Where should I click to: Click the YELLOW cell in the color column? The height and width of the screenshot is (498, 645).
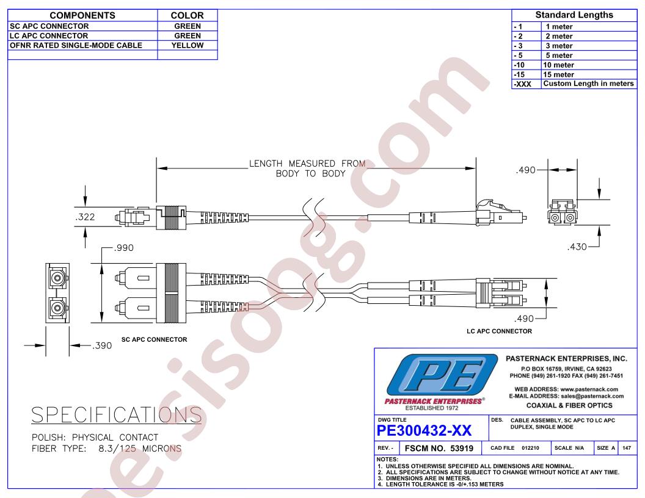[x=187, y=45]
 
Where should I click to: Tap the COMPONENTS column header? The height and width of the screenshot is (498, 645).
[x=82, y=16]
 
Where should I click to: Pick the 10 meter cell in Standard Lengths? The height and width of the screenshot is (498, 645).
[x=558, y=65]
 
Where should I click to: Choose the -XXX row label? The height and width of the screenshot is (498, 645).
[x=522, y=84]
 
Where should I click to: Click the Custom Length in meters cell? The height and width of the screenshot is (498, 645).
[x=588, y=84]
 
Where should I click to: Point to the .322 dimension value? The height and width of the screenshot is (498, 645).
[x=85, y=217]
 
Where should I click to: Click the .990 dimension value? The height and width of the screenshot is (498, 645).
[x=124, y=248]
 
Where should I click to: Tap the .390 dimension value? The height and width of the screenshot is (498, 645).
[x=101, y=345]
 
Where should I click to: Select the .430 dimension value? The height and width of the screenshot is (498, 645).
[x=577, y=247]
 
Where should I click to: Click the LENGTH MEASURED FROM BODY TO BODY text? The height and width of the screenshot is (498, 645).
[x=307, y=168]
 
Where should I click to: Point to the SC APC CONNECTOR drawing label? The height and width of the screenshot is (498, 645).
[x=155, y=340]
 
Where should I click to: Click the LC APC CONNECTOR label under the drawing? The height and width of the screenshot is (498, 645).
[x=499, y=331]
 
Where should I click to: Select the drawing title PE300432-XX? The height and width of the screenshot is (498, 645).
[x=424, y=431]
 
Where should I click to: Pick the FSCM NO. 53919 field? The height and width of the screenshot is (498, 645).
[x=439, y=449]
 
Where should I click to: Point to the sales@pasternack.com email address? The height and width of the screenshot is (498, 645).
[x=592, y=396]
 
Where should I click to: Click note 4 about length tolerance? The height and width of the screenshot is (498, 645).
[x=440, y=485]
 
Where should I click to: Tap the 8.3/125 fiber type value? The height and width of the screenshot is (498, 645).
[x=117, y=449]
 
